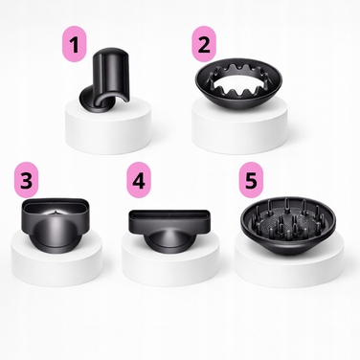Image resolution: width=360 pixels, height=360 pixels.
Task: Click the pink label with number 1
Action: pyautogui.click(x=74, y=44)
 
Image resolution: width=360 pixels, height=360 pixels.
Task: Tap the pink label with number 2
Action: pyautogui.click(x=204, y=44)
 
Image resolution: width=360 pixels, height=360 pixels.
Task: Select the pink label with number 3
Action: pyautogui.click(x=26, y=179)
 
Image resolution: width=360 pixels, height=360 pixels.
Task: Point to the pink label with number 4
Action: pyautogui.click(x=139, y=179)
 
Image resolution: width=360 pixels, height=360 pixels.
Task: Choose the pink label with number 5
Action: pyautogui.click(x=251, y=179)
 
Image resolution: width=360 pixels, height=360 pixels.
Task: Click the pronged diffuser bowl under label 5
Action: pyautogui.click(x=285, y=223)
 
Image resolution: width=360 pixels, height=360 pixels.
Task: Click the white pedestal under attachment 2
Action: pyautogui.click(x=239, y=127)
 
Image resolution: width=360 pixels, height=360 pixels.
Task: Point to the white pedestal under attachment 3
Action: pyautogui.click(x=56, y=261)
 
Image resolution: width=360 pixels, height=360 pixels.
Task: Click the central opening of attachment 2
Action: pyautogui.click(x=238, y=83)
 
